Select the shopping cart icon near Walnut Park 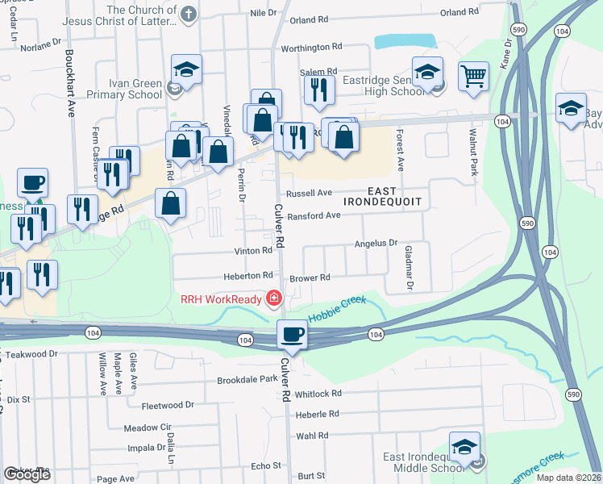click(473, 77)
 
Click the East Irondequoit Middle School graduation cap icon click(465, 447)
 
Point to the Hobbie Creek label click(337, 307)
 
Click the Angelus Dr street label click(376, 243)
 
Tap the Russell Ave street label click(310, 194)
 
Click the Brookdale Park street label click(247, 379)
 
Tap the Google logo click(27, 474)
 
